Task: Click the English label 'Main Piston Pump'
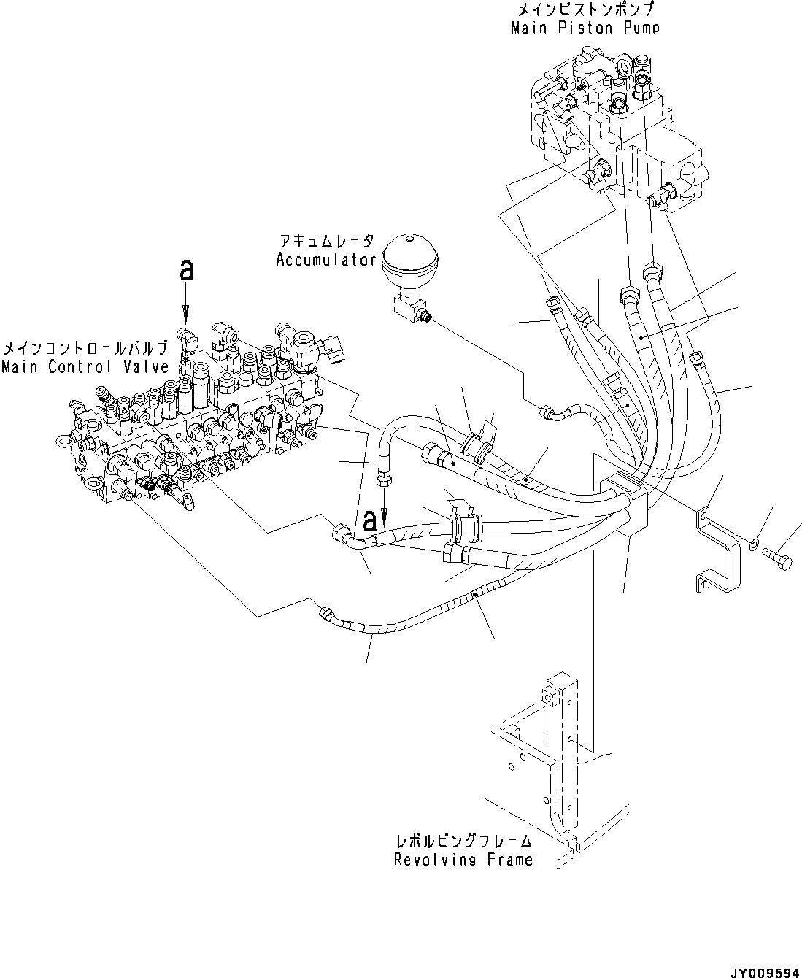coord(585,28)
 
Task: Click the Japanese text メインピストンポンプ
coord(585,10)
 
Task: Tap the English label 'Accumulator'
coord(325,261)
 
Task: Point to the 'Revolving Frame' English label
coord(463,860)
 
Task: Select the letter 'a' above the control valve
coord(186,271)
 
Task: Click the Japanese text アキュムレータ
coord(325,242)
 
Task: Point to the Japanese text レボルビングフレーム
coord(463,842)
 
